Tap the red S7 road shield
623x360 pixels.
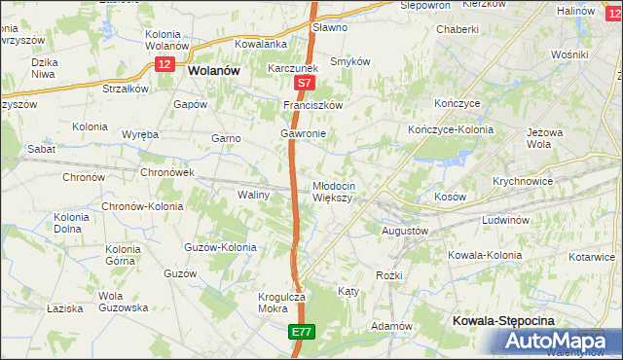coord(303,86)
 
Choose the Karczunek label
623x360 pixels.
coord(294,70)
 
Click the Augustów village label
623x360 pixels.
coord(404,231)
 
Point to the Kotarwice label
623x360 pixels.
coord(593,256)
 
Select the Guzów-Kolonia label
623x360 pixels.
coord(220,247)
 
